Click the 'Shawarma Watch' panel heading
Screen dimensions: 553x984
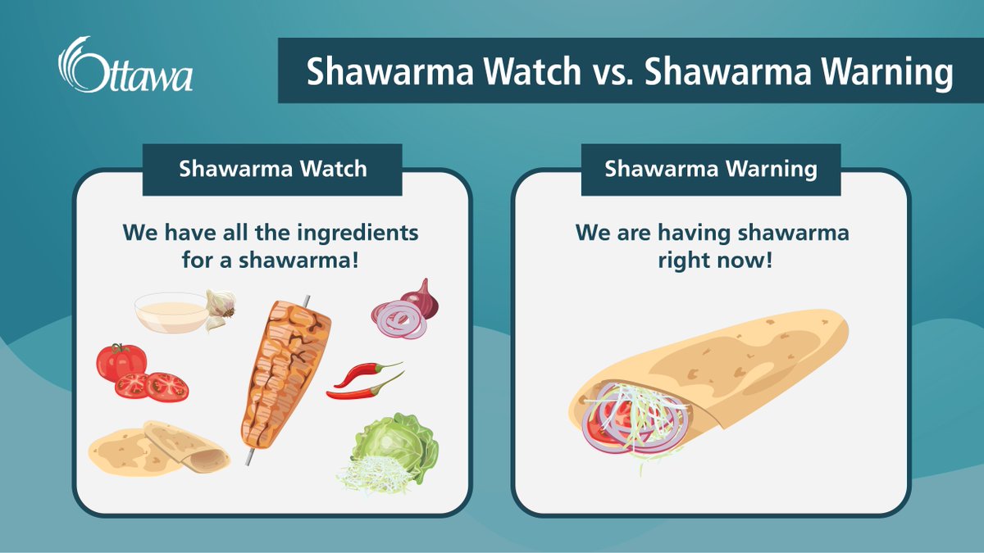[272, 170]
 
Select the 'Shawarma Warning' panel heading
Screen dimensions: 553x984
[710, 170]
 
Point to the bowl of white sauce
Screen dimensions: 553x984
[171, 312]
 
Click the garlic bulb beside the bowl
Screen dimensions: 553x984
[220, 309]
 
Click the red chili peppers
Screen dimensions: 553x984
[366, 380]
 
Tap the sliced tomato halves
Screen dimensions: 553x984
[151, 386]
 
